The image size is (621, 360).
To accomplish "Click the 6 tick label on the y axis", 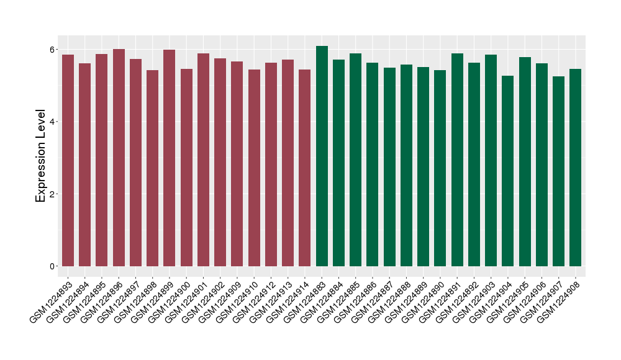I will click(x=53, y=49).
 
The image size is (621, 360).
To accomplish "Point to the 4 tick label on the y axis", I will click(x=53, y=122).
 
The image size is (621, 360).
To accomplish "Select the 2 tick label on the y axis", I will click(x=53, y=194).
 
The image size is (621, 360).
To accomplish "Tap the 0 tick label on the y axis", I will click(x=53, y=266).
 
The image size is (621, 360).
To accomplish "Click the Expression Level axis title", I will click(x=41, y=156).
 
